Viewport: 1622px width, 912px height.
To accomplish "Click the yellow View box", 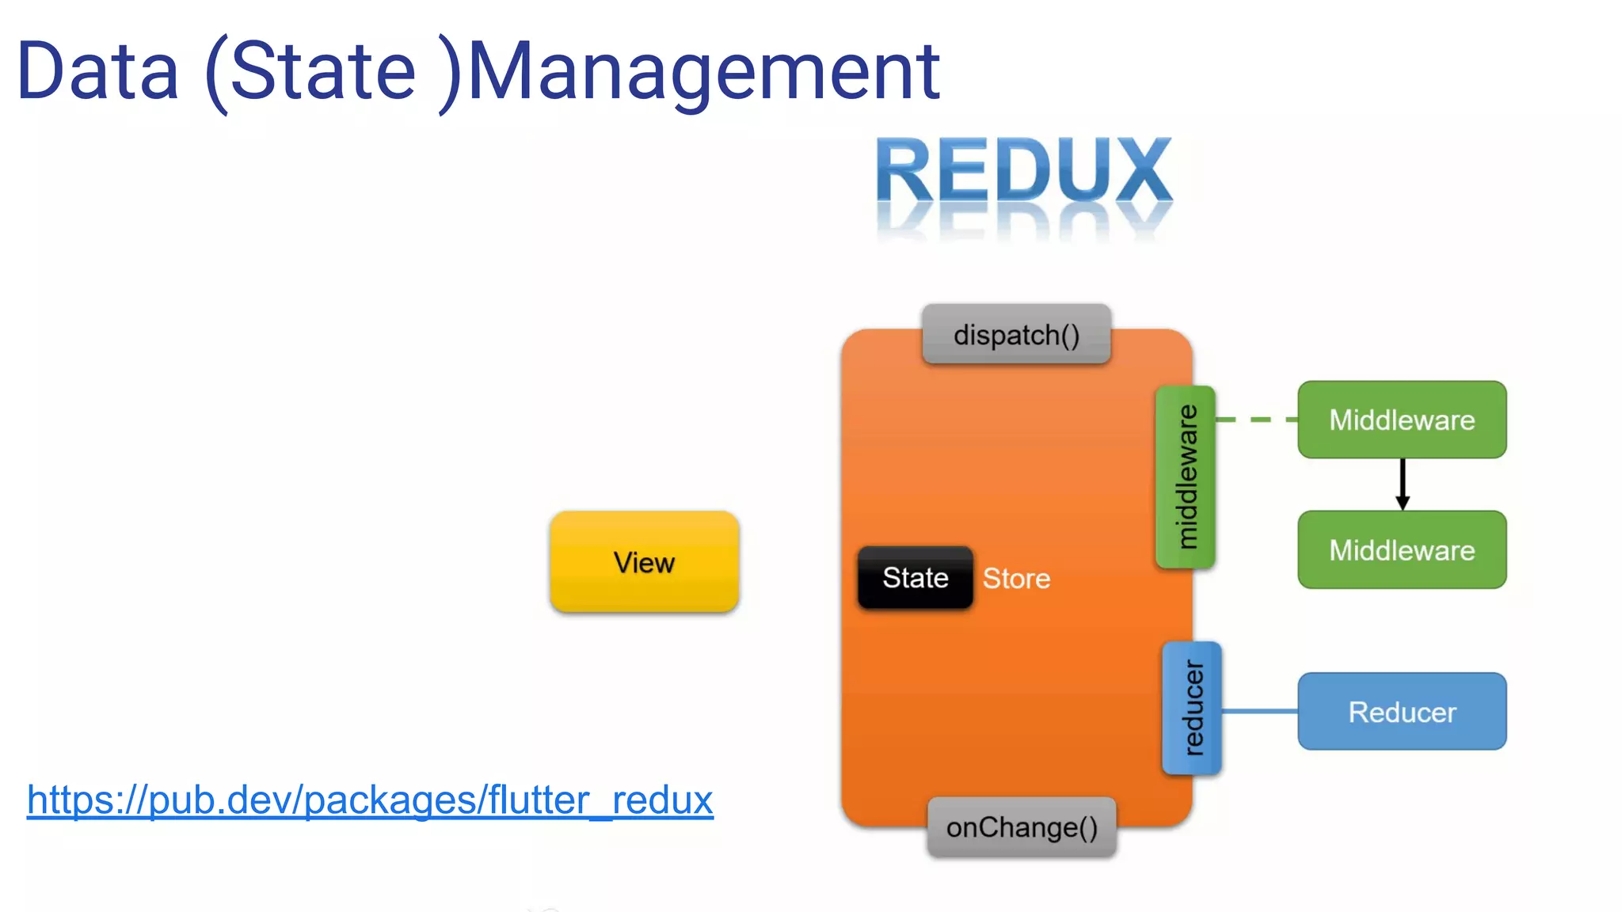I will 644,562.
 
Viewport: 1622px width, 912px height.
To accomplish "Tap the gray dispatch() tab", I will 1016,335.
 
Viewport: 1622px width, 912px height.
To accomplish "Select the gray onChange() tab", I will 1022,827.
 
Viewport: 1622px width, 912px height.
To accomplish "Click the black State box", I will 915,578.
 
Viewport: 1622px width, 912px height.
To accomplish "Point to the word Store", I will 1016,579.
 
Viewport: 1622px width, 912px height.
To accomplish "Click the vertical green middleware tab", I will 1185,477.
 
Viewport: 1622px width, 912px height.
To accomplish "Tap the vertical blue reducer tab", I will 1192,708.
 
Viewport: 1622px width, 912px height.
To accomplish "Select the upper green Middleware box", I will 1402,420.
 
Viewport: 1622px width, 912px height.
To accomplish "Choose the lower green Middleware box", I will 1402,549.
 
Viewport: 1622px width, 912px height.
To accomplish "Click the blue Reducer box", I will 1402,712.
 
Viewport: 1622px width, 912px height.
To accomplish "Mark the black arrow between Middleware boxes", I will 1402,484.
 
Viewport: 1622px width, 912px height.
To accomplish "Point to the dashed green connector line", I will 1256,420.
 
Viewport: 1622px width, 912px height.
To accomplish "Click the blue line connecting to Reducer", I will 1259,711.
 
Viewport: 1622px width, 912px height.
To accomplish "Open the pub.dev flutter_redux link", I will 370,800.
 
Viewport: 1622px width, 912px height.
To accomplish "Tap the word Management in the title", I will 703,73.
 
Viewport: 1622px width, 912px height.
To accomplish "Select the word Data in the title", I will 98,73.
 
